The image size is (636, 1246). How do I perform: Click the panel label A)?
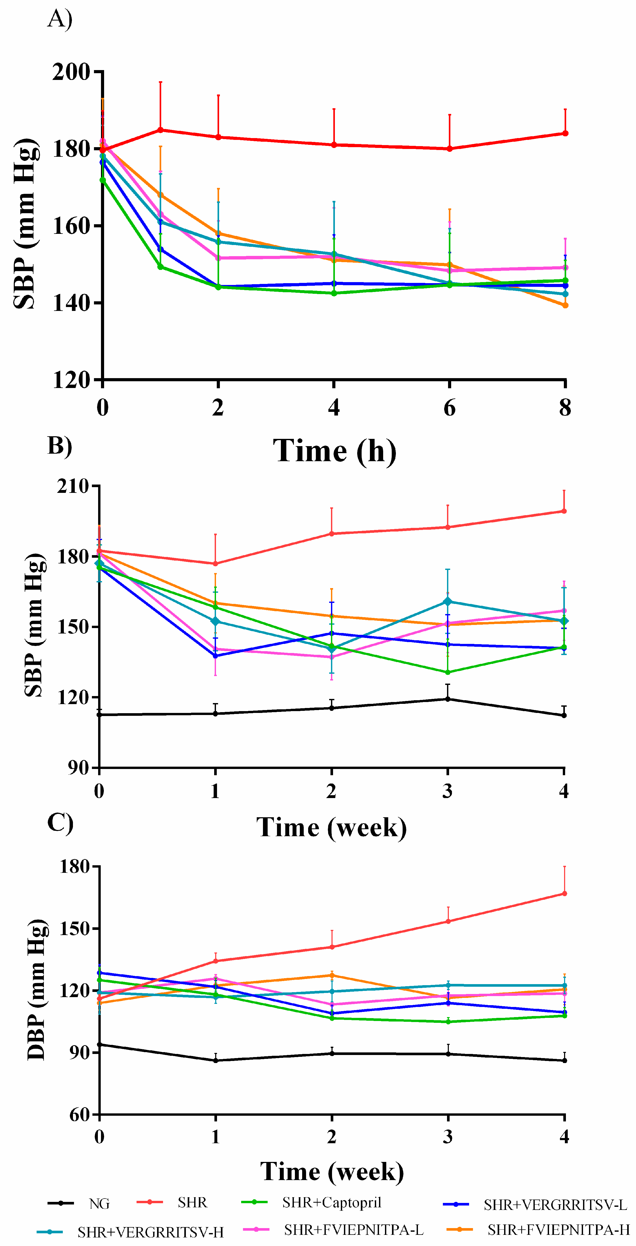59,20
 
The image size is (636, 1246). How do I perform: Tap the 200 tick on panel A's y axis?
72,72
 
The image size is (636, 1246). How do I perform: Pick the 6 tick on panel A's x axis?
449,408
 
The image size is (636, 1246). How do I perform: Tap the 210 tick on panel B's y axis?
72,486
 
